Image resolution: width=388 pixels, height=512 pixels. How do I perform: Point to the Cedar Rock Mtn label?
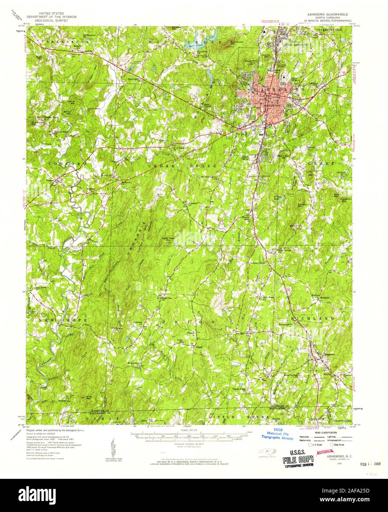[167, 239]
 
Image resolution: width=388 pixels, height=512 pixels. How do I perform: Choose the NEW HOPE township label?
[62, 320]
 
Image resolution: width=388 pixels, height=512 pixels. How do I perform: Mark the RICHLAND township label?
[312, 318]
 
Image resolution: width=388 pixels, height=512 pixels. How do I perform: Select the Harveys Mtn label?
[302, 206]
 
